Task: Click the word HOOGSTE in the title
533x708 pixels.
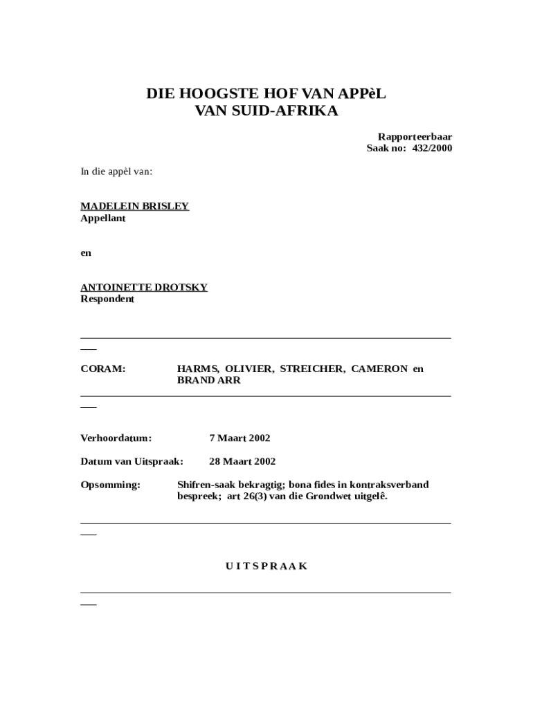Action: click(213, 93)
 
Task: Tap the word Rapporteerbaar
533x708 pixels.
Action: click(415, 137)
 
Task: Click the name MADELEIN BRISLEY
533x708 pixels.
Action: click(135, 206)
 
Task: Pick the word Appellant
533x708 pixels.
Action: click(103, 218)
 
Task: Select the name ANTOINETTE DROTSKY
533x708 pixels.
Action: click(144, 287)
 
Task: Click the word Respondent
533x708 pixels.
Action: click(107, 299)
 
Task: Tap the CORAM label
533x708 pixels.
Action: click(103, 369)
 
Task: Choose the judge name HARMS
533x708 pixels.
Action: click(198, 369)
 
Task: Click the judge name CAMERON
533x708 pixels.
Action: click(379, 369)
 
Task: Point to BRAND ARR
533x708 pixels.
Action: click(209, 380)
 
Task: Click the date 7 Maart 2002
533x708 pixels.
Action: click(240, 438)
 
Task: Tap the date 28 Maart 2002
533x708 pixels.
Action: click(242, 461)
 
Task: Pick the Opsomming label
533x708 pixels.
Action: click(111, 485)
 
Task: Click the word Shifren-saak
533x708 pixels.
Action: click(206, 485)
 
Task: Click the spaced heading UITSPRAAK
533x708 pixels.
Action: click(266, 566)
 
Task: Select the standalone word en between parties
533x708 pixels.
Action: click(86, 252)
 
